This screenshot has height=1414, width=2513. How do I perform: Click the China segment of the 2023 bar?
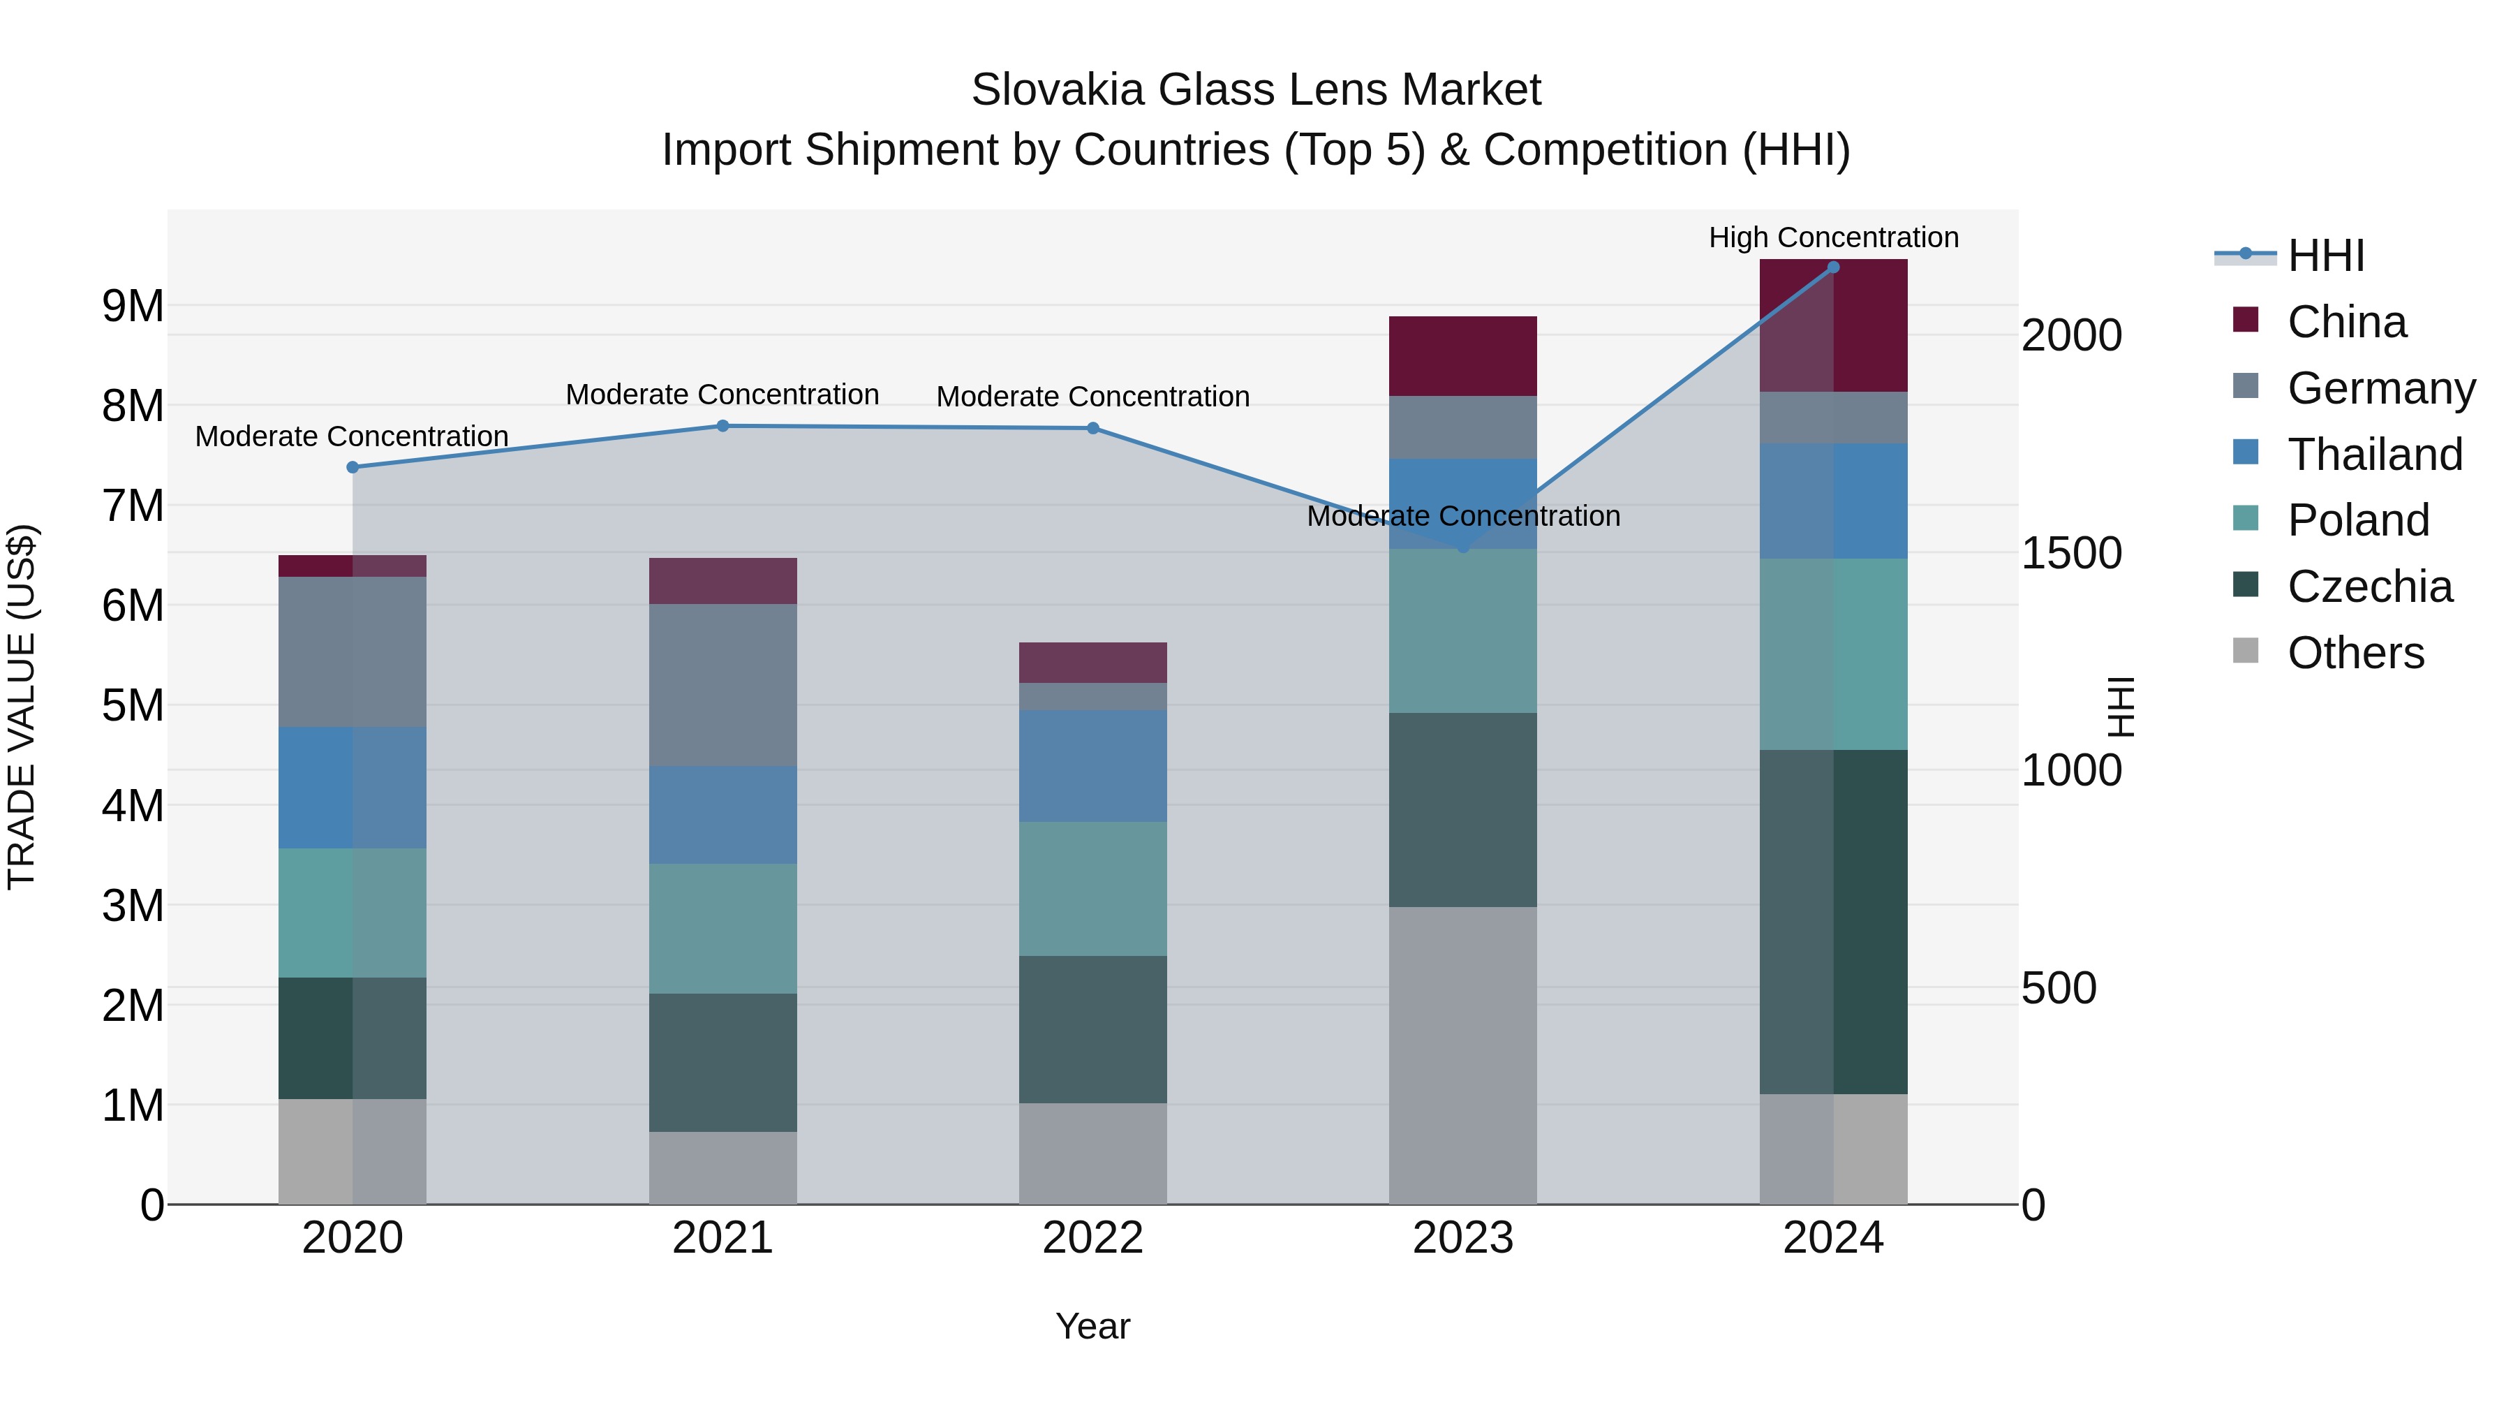(x=1462, y=356)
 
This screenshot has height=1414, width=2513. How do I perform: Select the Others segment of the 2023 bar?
(x=1462, y=1055)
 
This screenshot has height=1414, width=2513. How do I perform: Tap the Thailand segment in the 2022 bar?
(x=1092, y=766)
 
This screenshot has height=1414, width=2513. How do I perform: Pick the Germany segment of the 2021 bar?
(x=723, y=685)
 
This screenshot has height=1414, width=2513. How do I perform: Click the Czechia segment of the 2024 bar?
(x=1833, y=922)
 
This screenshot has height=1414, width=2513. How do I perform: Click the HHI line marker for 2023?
(x=1462, y=548)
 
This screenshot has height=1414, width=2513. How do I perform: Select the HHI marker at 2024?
(x=1833, y=267)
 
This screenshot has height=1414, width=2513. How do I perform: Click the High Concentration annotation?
(x=1833, y=238)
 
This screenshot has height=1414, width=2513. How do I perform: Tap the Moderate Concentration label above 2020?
(x=353, y=436)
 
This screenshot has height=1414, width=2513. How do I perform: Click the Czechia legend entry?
(x=2369, y=587)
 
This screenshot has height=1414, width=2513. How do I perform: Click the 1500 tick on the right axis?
(x=2071, y=553)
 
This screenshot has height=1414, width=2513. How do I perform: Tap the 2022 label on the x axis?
(x=1092, y=1238)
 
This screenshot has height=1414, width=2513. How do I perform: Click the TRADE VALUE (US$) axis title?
(x=22, y=707)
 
